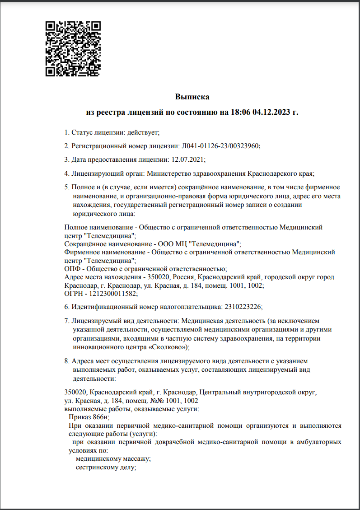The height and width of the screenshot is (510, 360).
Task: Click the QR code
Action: [73, 48]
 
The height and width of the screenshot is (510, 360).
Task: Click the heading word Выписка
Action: [192, 97]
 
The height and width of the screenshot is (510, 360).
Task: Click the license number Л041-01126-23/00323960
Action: [220, 146]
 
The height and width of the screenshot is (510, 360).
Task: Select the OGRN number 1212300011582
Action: [115, 294]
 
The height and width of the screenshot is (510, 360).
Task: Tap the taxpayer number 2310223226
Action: [243, 307]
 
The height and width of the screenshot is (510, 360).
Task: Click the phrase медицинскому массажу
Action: [113, 459]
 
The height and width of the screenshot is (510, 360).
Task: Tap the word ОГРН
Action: [74, 294]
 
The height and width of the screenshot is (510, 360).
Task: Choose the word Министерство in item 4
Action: [168, 173]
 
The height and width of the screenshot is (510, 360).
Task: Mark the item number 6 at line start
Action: [66, 307]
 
